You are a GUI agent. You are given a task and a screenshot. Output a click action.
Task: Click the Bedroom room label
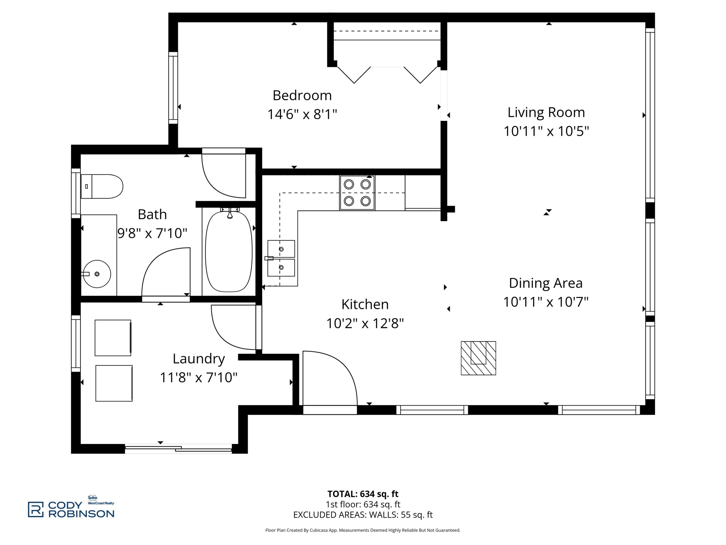pos(302,96)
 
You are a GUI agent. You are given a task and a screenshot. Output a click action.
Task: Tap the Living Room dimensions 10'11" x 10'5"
pos(546,131)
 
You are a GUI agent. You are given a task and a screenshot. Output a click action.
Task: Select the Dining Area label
pos(545,283)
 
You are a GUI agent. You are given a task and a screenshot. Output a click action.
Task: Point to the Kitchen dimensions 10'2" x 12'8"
pos(365,323)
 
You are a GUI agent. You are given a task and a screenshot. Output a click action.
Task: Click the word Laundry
pos(199,359)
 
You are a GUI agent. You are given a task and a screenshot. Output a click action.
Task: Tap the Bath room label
pos(152,215)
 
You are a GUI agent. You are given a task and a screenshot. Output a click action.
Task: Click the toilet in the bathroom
pos(102,187)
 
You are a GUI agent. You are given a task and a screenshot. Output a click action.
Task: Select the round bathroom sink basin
pos(97,274)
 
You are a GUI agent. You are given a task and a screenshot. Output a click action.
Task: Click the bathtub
pos(229,251)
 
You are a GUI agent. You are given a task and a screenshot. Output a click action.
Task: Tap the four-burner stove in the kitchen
pos(357,193)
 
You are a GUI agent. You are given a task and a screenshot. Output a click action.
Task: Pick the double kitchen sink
pos(281,258)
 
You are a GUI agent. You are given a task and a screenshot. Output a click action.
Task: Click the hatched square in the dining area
pos(478,358)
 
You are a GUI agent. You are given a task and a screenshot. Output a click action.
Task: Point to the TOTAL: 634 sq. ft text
pos(363,494)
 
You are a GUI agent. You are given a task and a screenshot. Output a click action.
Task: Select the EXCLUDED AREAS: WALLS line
pos(363,515)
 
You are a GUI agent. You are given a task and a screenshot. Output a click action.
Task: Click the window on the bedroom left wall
pos(173,88)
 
